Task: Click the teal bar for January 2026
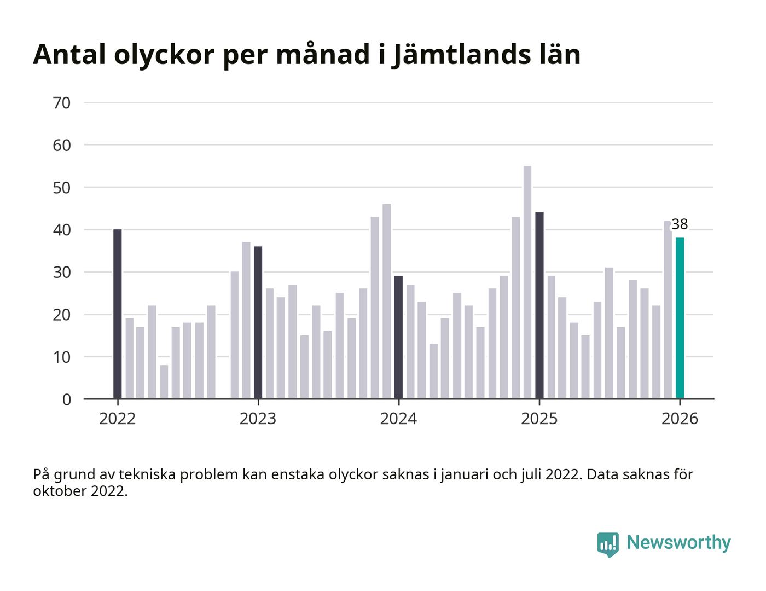[680, 318]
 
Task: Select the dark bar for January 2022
[118, 314]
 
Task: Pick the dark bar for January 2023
[258, 323]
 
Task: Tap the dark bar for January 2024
[398, 338]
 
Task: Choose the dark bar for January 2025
[539, 305]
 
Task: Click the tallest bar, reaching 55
[527, 282]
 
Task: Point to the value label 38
[680, 224]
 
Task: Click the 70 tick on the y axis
[62, 103]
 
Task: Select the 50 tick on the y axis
[62, 188]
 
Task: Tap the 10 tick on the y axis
[62, 357]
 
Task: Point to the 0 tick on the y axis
[66, 400]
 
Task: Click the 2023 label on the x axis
[258, 419]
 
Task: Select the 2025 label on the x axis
[539, 419]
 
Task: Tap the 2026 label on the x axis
[680, 419]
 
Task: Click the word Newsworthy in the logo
[678, 543]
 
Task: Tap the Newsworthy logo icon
[608, 544]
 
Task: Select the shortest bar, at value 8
[164, 382]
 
